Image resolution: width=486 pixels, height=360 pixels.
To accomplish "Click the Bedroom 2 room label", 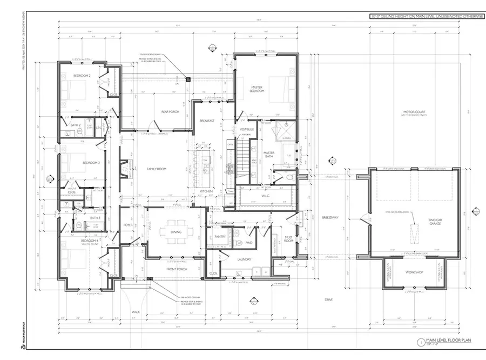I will [x=82, y=76].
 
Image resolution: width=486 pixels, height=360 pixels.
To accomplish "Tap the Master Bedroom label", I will [x=256, y=89].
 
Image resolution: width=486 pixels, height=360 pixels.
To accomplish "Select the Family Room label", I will [x=156, y=169].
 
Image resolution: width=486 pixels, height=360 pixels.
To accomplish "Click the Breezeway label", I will [x=329, y=217].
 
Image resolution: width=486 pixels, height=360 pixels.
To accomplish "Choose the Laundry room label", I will [x=244, y=259].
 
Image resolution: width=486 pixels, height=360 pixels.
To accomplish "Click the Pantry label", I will [x=220, y=236].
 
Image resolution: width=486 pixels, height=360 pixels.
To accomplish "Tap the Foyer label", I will [x=128, y=226].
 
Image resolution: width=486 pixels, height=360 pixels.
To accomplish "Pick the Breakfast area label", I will [x=207, y=121].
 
